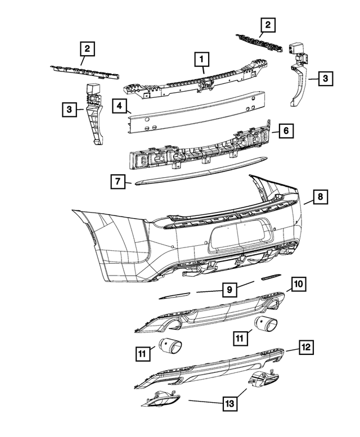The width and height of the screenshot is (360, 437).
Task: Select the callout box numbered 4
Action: click(118, 105)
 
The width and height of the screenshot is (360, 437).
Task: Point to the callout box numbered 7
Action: click(118, 182)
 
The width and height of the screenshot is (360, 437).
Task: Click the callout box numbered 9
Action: click(229, 290)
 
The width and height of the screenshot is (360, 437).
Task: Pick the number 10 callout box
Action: click(299, 284)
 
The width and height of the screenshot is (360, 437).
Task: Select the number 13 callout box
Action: click(229, 403)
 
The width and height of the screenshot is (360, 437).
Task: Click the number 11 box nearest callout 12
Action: click(240, 337)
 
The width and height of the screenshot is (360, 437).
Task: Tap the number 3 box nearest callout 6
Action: click(325, 80)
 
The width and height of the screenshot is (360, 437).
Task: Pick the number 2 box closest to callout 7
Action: click(87, 49)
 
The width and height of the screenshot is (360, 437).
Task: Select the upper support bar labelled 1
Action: click(169, 84)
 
